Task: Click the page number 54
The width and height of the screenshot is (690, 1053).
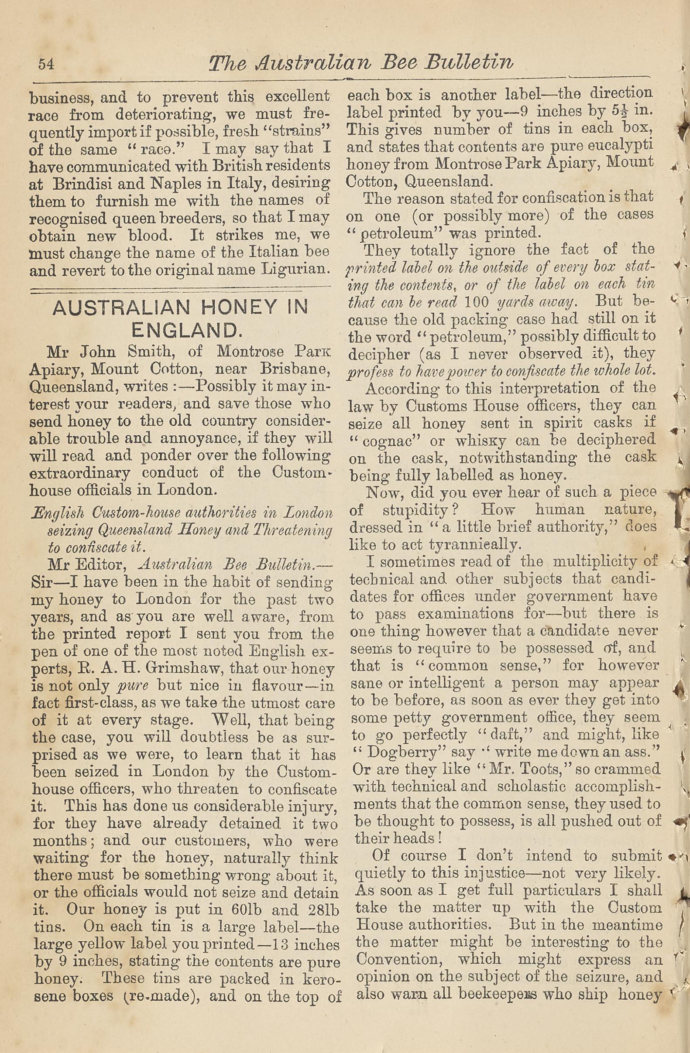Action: coord(46,64)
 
